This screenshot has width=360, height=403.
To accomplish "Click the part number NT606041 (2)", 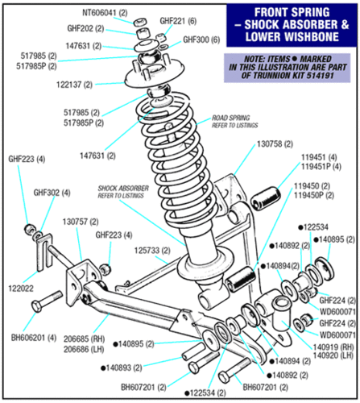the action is coord(105,13).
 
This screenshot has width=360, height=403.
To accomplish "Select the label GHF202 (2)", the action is coord(85,28).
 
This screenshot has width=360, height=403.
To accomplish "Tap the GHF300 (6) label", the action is coord(201,39).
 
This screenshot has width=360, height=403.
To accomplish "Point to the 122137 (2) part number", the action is coord(74,85).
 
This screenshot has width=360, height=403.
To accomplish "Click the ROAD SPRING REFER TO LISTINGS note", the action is coord(235,122).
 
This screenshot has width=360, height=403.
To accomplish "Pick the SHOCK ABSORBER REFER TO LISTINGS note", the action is coord(123,192).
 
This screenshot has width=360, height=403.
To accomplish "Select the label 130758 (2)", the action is coord(275,144).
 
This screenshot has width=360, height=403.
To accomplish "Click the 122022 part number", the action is coord(21,289).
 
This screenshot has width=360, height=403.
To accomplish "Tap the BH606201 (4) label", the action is coord(34,338).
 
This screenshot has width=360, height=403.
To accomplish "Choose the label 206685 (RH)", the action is coord(84,339).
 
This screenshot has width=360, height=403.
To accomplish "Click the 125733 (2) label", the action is coord(152,251).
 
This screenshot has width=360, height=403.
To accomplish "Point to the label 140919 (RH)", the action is coord(333,347).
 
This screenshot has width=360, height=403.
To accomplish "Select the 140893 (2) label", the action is coord(122,368).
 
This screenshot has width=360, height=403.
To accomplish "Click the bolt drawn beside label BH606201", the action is coord(47,301).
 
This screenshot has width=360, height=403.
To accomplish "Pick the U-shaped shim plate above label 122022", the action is coord(43,252).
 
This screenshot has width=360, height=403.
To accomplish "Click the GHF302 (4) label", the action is coord(52,193).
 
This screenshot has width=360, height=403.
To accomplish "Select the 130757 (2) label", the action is coord(81,222).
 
